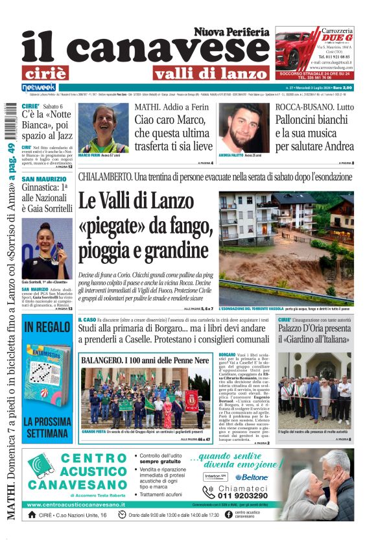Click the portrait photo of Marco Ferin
pos(103,128)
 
